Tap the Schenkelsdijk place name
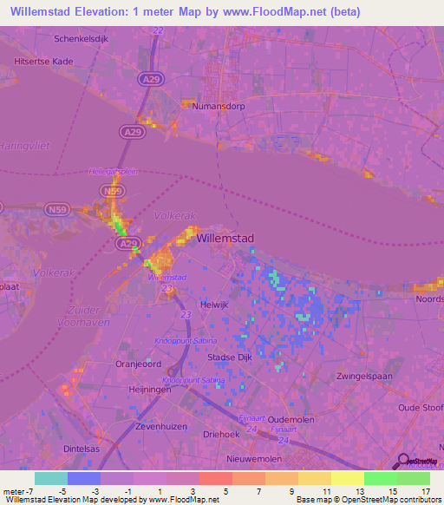click(85, 39)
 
